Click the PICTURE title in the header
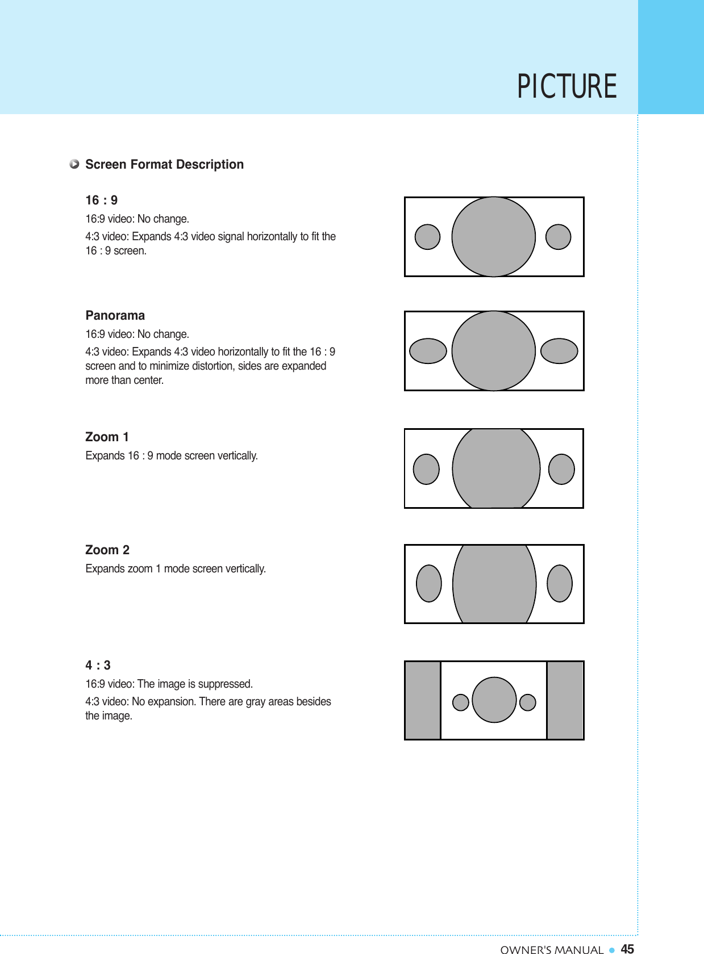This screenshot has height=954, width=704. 566,87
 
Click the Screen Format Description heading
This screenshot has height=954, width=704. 164,165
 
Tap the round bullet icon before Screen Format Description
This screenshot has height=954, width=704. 74,164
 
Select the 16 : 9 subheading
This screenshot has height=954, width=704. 102,200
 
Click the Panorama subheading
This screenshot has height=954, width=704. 115,316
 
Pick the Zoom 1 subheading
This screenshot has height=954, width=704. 107,437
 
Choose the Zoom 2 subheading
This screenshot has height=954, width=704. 107,550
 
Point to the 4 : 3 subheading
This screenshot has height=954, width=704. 98,666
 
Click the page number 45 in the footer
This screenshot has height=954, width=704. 627,949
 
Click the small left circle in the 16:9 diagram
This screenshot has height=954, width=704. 427,237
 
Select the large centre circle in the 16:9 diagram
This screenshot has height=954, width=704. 493,237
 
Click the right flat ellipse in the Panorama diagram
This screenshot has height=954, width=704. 559,351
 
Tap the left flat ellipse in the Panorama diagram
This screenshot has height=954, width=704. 428,351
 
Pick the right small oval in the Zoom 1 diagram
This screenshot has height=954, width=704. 561,469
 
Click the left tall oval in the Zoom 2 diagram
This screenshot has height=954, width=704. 429,583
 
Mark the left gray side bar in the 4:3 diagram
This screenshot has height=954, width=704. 423,700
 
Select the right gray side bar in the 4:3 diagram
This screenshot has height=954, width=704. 565,700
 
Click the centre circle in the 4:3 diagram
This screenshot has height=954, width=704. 494,700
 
